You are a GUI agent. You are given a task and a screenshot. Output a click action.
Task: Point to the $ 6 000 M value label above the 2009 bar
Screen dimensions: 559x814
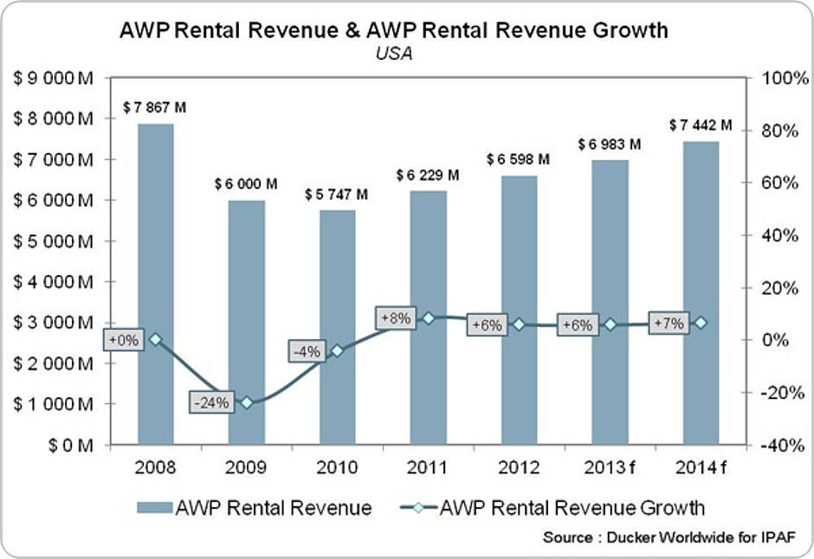246,184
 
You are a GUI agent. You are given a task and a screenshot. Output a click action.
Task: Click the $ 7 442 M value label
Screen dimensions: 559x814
701,125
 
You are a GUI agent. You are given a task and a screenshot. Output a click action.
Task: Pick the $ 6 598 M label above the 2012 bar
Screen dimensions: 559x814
519,160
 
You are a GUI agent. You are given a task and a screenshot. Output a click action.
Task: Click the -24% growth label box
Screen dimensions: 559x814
211,402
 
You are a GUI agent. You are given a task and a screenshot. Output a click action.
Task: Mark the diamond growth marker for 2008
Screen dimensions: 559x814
156,339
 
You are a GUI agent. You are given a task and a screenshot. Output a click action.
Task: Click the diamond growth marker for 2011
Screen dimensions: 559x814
428,318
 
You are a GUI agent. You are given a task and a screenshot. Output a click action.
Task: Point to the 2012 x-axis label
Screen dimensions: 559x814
519,467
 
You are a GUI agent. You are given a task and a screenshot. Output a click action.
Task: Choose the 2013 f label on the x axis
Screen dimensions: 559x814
610,467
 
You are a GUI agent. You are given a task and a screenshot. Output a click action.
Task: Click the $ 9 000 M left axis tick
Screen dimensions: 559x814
55,78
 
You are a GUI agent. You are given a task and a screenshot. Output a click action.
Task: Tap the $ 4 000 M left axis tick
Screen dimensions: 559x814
55,282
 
